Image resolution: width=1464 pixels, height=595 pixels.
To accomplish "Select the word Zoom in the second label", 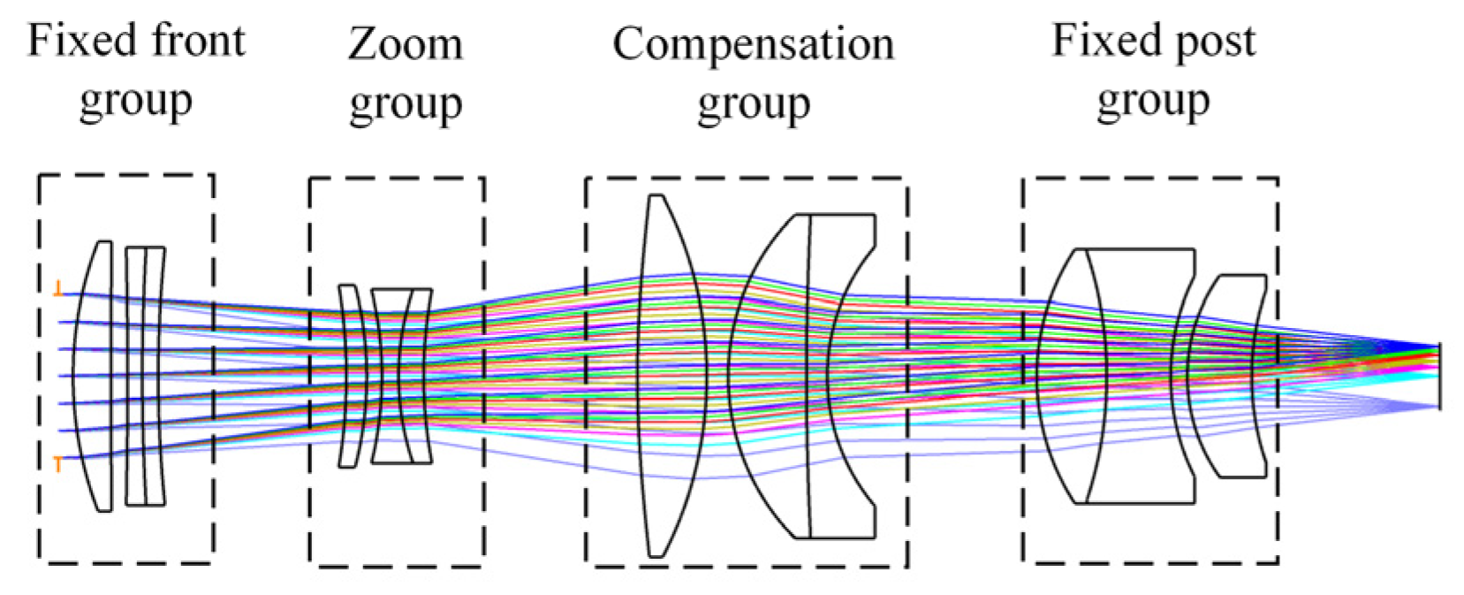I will coord(405,44).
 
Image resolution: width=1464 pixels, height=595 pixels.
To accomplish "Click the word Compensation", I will coord(753,44).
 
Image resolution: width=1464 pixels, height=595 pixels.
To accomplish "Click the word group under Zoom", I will coord(405,104).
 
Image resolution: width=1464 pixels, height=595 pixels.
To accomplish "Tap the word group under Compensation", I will coord(753,104).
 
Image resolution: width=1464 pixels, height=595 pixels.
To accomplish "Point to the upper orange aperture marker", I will coord(58,287).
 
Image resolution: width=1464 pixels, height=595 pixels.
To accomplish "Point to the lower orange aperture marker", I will coord(58,463).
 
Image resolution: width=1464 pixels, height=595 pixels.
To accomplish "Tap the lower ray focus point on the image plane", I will coord(1438,406).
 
